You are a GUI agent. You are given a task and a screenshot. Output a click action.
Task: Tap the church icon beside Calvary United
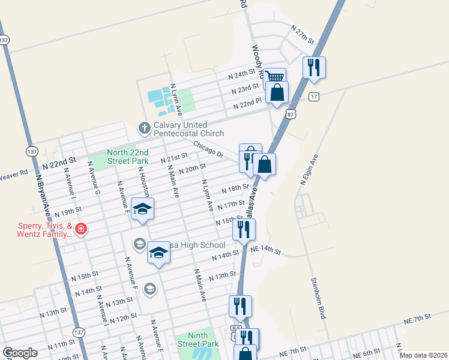(x=144, y=128)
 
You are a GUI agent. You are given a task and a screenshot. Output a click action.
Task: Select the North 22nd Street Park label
(x=127, y=157)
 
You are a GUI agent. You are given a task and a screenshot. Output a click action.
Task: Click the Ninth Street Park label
(x=197, y=340)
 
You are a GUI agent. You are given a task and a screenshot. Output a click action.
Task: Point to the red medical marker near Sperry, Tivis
(x=80, y=229)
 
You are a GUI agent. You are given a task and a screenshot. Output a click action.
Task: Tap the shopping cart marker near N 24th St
(x=274, y=77)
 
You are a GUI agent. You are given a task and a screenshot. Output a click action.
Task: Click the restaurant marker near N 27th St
(x=314, y=67)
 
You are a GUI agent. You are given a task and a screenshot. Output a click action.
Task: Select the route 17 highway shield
(x=313, y=97)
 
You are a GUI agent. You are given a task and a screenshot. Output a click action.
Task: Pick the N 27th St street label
(x=303, y=34)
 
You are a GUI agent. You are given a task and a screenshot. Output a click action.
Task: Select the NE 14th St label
(x=265, y=249)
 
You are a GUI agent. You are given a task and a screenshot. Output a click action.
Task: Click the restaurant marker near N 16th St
(x=244, y=229)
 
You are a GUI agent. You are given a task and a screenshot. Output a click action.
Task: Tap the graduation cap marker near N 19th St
(x=142, y=209)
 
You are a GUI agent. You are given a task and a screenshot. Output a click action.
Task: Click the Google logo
(x=20, y=353)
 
